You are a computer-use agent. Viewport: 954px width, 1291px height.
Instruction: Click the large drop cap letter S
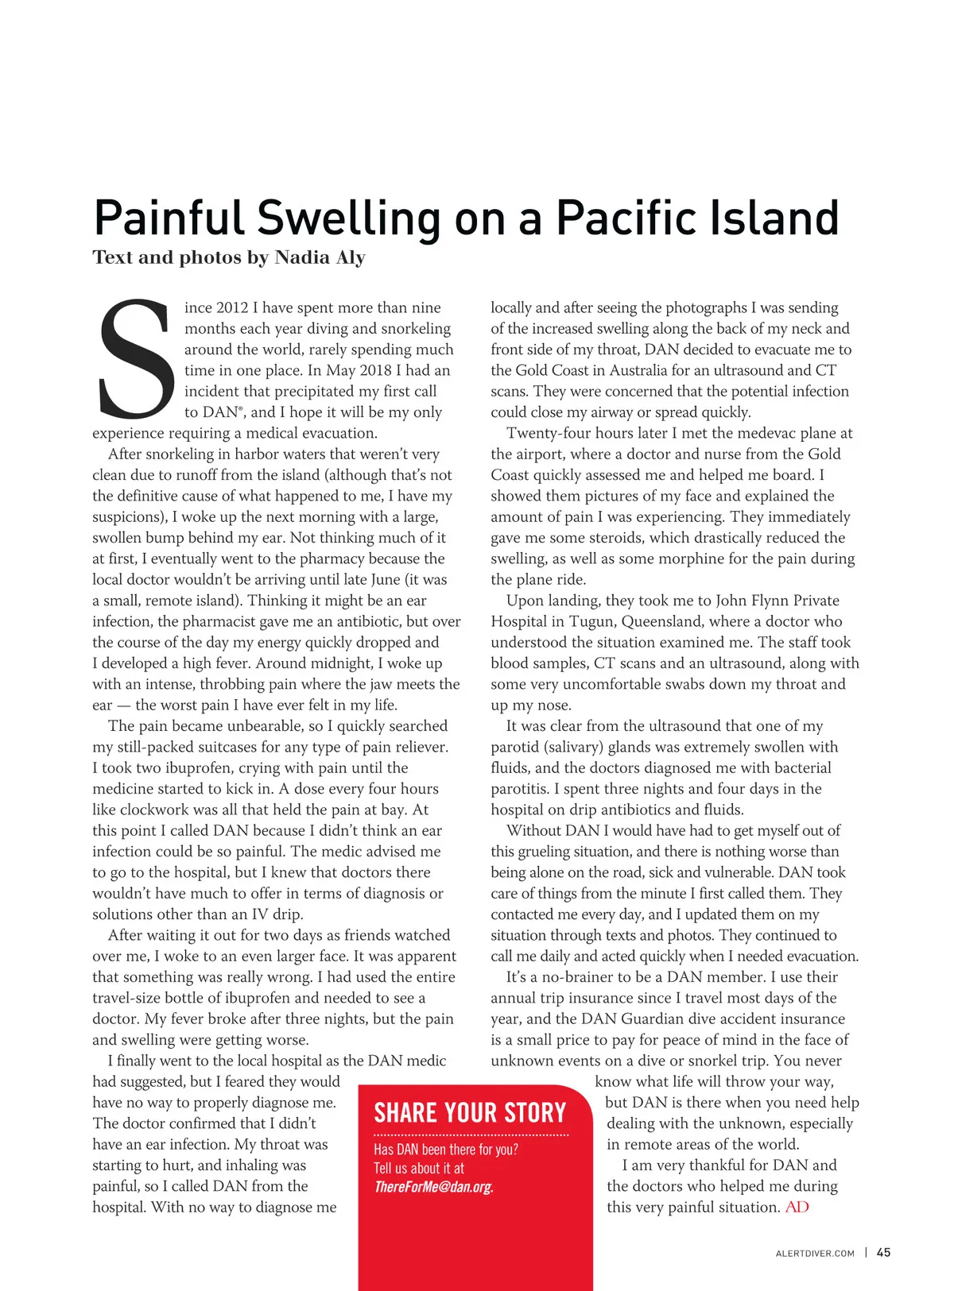click(x=136, y=358)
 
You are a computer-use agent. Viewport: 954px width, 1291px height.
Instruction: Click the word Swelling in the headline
click(x=349, y=218)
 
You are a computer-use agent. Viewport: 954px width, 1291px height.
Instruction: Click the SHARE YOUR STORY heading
click(x=470, y=1113)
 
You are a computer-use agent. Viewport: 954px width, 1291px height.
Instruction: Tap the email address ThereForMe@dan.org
click(x=433, y=1187)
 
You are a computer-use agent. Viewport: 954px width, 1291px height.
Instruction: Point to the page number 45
click(x=883, y=1253)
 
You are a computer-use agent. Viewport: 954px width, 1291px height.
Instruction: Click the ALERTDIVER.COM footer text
click(x=815, y=1254)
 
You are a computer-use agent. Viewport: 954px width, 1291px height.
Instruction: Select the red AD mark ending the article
click(x=797, y=1208)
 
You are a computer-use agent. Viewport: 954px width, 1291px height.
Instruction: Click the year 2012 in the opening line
click(x=232, y=308)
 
